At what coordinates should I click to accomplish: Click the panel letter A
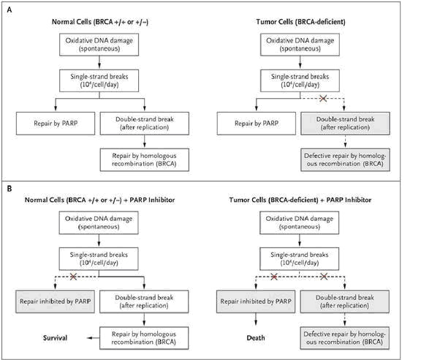point(10,10)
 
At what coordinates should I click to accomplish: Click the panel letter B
point(10,189)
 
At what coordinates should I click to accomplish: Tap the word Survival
point(55,338)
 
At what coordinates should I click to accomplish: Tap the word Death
point(256,338)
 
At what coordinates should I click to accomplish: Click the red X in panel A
point(323,98)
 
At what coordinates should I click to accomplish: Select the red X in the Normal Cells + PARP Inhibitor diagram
point(73,277)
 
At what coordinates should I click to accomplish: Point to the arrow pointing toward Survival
point(93,338)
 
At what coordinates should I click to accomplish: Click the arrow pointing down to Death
point(256,319)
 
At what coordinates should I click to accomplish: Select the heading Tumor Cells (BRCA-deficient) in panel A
point(300,22)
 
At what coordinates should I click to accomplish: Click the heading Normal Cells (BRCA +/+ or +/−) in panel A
point(100,22)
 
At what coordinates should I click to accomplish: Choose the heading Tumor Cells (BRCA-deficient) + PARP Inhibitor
point(300,200)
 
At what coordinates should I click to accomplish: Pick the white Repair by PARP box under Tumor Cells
point(257,124)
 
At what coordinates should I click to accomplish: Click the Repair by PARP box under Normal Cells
point(56,124)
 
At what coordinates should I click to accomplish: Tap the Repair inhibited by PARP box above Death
point(256,301)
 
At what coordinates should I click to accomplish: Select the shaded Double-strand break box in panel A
point(345,124)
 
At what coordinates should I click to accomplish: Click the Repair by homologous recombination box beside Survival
point(144,338)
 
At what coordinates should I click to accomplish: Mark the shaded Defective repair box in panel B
point(345,338)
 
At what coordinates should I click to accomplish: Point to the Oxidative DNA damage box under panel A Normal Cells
point(99,45)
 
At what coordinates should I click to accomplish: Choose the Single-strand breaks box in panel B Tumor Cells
point(300,259)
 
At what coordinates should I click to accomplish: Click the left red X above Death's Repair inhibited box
point(274,277)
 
